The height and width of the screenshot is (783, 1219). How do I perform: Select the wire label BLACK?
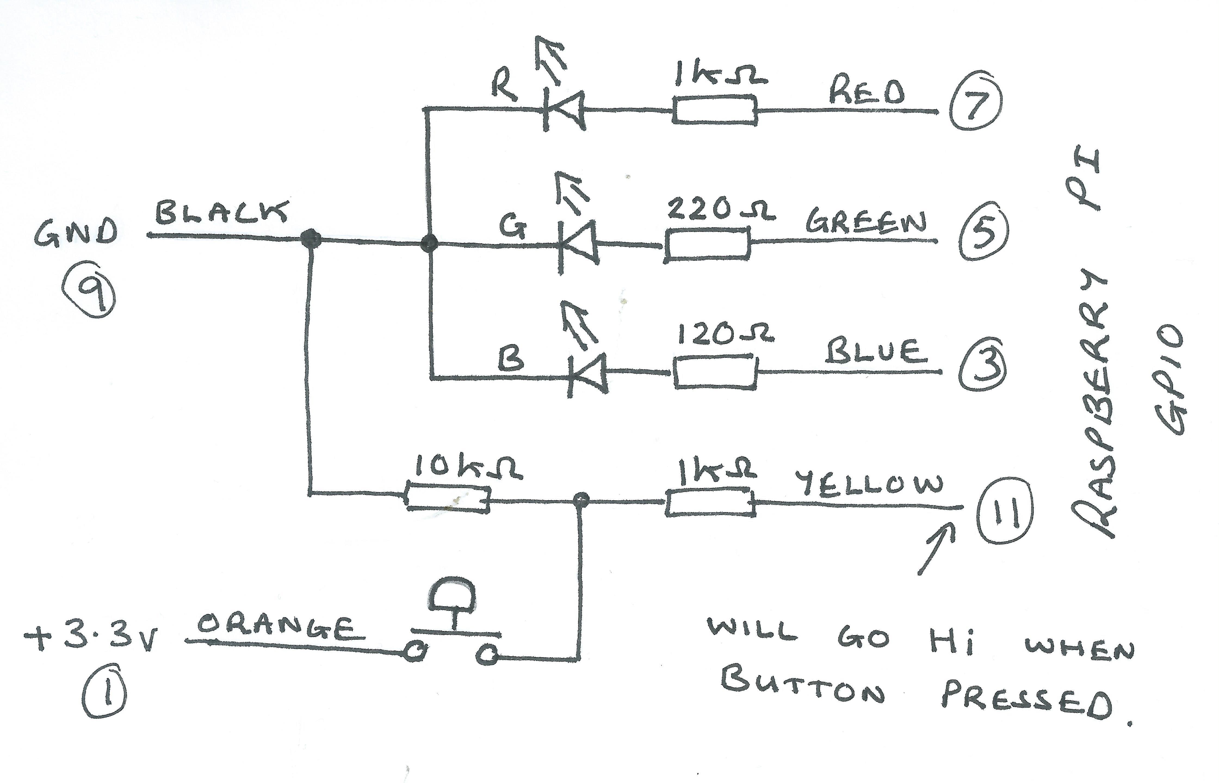[221, 213]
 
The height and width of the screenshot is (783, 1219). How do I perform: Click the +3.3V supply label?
[92, 640]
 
